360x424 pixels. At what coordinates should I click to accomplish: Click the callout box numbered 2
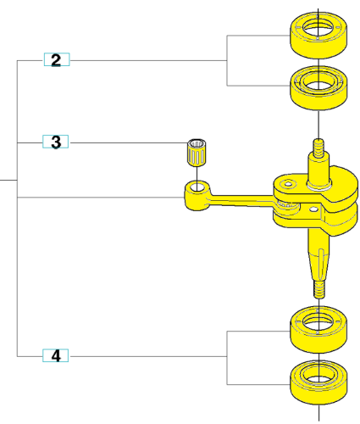click(x=57, y=59)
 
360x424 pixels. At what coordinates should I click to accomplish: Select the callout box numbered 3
click(x=56, y=142)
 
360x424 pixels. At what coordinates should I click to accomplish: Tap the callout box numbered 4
click(x=56, y=355)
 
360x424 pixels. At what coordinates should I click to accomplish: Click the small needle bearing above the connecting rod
click(x=197, y=152)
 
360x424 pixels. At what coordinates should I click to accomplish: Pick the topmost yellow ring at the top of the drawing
click(x=318, y=35)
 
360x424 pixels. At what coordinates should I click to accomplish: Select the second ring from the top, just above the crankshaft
click(x=318, y=88)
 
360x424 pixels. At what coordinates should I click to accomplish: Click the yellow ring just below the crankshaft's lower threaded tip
click(x=318, y=330)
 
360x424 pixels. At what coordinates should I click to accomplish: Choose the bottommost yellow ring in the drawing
click(x=318, y=382)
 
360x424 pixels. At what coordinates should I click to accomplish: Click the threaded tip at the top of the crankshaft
click(x=318, y=148)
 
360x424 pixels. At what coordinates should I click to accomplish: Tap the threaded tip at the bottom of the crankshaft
click(x=319, y=289)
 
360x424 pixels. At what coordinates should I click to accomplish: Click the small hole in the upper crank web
click(x=288, y=184)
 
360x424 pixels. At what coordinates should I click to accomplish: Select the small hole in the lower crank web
click(x=313, y=209)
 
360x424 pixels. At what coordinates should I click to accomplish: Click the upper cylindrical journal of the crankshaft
click(x=318, y=171)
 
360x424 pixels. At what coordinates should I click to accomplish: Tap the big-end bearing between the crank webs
click(x=286, y=205)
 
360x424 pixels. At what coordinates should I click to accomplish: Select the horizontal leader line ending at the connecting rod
click(x=101, y=198)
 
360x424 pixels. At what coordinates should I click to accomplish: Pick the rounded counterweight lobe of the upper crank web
click(x=343, y=184)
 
